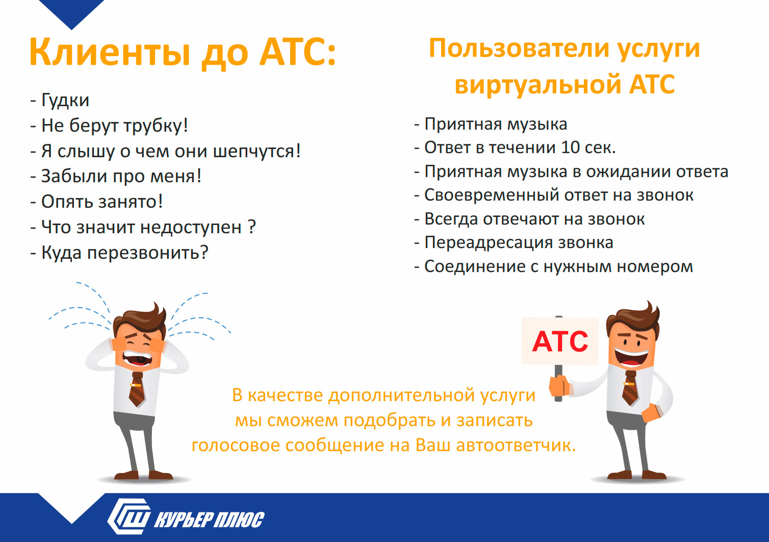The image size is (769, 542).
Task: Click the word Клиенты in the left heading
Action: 110,52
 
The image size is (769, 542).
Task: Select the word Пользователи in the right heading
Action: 520,49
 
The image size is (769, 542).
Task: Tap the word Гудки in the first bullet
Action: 65,101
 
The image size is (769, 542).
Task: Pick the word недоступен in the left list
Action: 191,228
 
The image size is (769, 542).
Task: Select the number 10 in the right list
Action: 570,147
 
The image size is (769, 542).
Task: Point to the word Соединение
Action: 475,266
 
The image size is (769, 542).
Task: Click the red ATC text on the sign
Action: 560,342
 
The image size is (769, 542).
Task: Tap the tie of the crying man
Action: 137,389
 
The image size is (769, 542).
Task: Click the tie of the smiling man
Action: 630,388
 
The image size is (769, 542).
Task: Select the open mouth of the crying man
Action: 138,359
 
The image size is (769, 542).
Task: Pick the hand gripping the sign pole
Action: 559,386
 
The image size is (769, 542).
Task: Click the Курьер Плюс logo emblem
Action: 129,516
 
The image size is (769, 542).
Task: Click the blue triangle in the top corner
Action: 71,13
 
